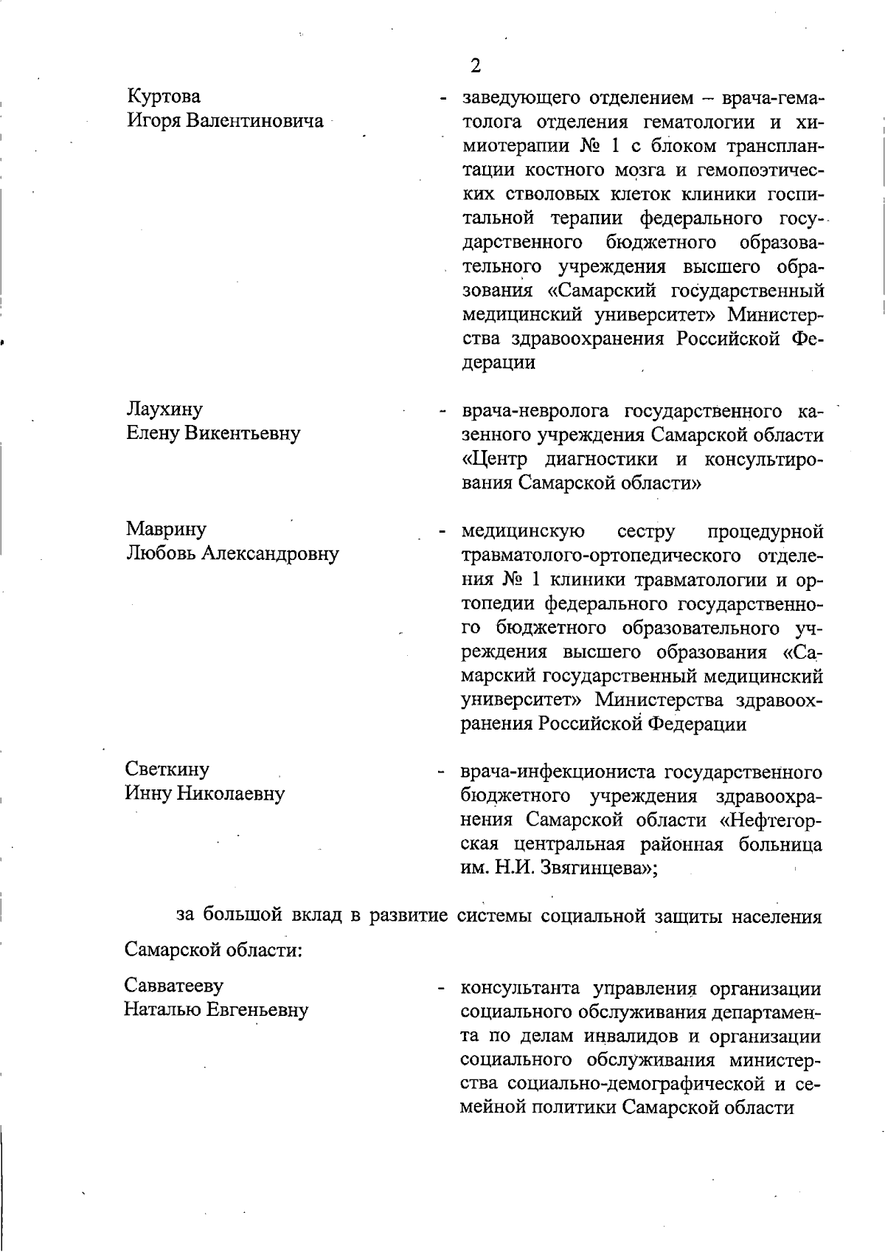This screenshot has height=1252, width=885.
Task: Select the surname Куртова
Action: [x=164, y=97]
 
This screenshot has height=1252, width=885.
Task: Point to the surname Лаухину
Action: [x=164, y=409]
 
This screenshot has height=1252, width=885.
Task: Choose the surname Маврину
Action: [x=166, y=529]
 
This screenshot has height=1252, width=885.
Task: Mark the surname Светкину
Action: [x=167, y=769]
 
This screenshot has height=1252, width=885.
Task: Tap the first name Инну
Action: [x=147, y=794]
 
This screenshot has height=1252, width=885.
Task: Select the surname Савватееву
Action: [x=174, y=986]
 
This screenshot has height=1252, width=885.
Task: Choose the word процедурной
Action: [x=765, y=531]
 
